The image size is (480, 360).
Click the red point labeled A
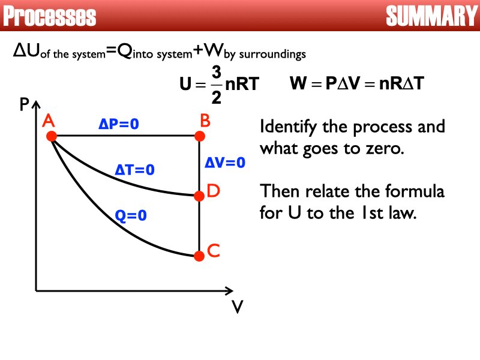coord(52,137)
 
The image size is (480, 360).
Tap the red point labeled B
coord(199,137)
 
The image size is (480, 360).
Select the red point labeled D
coord(199,195)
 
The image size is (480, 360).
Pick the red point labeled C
coord(199,256)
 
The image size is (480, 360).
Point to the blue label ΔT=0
coord(134,170)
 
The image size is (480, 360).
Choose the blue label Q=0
coord(130,215)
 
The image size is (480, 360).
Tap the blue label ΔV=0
coord(226,162)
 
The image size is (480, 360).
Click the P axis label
coord(24,106)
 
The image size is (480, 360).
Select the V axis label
coord(238,307)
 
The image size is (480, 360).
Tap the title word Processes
coord(50,17)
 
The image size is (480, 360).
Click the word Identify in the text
coord(286,128)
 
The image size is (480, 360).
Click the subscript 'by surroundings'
coord(268,55)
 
